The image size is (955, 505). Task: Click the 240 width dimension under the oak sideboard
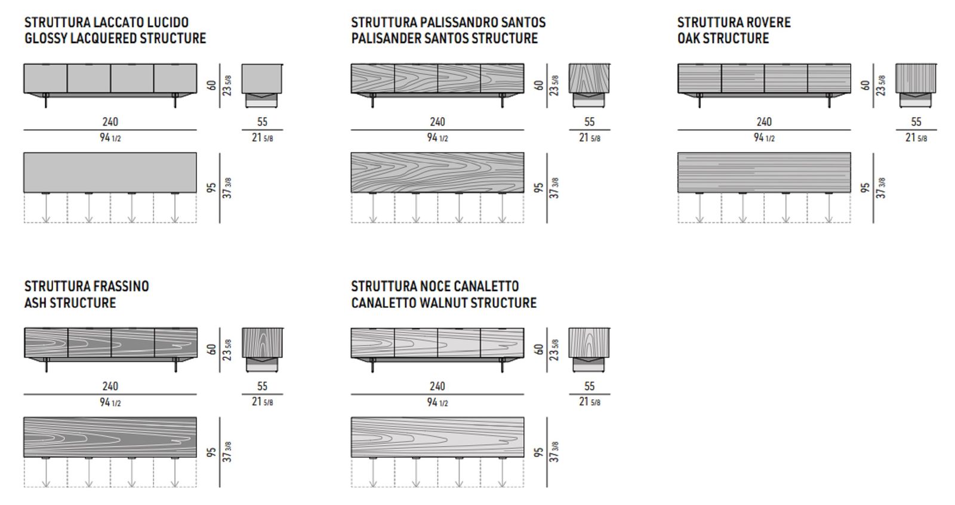coord(764,122)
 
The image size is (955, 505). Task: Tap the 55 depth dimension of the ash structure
coord(262,386)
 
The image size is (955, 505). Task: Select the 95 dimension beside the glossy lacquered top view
coord(211,188)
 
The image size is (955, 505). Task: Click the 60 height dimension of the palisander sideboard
coord(538,85)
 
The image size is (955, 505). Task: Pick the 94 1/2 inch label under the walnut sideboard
coord(438,402)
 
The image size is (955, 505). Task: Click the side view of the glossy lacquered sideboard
coord(262,85)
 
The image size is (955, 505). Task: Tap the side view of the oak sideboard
coord(916,85)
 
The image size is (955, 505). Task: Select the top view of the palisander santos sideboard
coord(438,173)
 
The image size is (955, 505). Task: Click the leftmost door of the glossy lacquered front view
coord(45,78)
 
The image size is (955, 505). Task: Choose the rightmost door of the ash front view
coord(175,343)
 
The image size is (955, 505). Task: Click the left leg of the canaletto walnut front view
coord(373,365)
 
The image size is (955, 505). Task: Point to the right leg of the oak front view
coord(829,100)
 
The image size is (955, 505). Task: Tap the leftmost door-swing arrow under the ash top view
coord(46,472)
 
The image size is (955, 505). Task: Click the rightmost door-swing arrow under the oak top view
coord(829,208)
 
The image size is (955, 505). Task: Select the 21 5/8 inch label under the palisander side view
coord(590,137)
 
